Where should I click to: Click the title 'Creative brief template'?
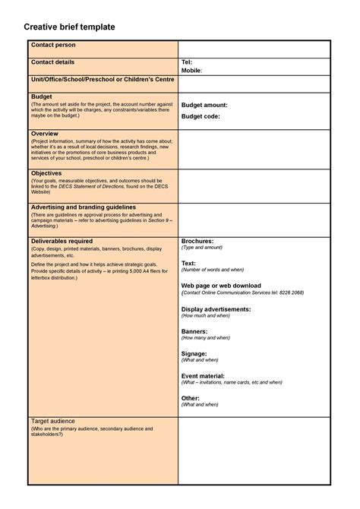69,27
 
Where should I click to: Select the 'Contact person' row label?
53,46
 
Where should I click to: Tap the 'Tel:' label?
187,62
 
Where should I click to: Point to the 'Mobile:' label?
192,71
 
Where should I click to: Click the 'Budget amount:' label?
204,105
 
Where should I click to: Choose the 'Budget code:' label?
201,116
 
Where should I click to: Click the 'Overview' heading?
45,134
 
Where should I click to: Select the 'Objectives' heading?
46,173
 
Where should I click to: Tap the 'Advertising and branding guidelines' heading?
84,207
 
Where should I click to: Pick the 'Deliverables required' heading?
62,241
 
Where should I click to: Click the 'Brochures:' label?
197,241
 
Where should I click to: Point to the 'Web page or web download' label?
221,285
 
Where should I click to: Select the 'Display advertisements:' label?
216,309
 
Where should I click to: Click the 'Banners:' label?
194,332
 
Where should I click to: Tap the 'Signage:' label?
194,354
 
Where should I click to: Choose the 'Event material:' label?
203,376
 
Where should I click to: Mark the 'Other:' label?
191,398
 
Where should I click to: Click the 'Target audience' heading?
54,421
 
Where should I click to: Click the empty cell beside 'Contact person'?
254,49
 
